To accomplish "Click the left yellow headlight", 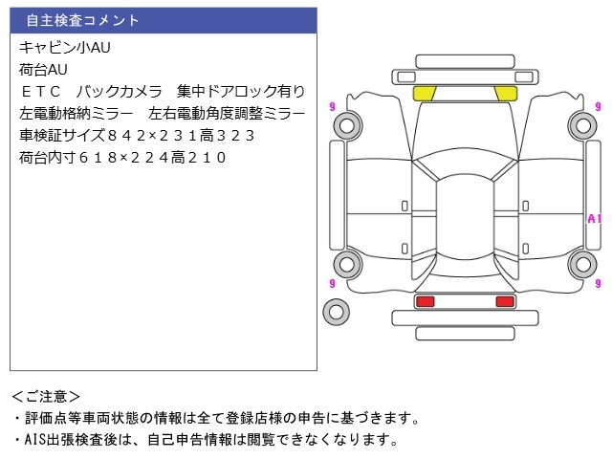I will pos(425,93).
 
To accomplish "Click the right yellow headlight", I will pos(504,93).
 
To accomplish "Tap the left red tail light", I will pos(425,302).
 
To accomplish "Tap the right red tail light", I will pos(504,302).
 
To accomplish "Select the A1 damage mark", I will pos(594,219).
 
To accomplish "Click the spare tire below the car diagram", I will pos(336,311).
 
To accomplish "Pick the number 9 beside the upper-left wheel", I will pos(331,105).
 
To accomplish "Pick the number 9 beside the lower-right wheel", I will pos(596,284).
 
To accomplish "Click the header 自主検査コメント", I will pos(82,20).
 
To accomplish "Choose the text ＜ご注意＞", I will pos(47,396).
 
